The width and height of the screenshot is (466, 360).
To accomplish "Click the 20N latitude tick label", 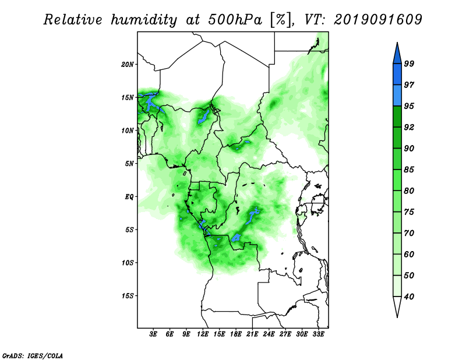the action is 128,64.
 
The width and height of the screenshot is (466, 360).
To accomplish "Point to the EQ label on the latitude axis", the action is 129,197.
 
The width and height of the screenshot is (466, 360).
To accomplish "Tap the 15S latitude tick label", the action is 128,296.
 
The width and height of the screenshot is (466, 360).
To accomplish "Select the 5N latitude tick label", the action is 129,164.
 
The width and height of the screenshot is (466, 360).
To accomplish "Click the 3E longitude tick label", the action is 153,334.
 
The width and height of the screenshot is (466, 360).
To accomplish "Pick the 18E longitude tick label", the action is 235,334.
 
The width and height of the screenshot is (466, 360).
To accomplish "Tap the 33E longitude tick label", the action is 318,334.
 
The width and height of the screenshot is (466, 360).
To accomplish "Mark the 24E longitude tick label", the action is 269,334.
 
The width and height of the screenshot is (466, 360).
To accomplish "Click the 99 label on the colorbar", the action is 409,63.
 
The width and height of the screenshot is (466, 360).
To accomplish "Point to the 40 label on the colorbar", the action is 409,297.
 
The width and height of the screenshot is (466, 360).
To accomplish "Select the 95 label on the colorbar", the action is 409,106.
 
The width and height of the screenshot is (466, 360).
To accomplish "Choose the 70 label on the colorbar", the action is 409,233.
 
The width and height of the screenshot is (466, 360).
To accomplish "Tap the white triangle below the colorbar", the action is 397,306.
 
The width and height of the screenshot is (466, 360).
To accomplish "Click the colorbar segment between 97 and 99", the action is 397,75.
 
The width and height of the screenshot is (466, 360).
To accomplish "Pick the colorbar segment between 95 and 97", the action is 397,96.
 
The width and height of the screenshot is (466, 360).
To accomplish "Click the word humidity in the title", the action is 144,20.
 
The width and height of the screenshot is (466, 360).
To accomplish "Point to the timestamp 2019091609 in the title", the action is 378,20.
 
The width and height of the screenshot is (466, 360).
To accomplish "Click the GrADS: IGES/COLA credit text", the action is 33,355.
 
